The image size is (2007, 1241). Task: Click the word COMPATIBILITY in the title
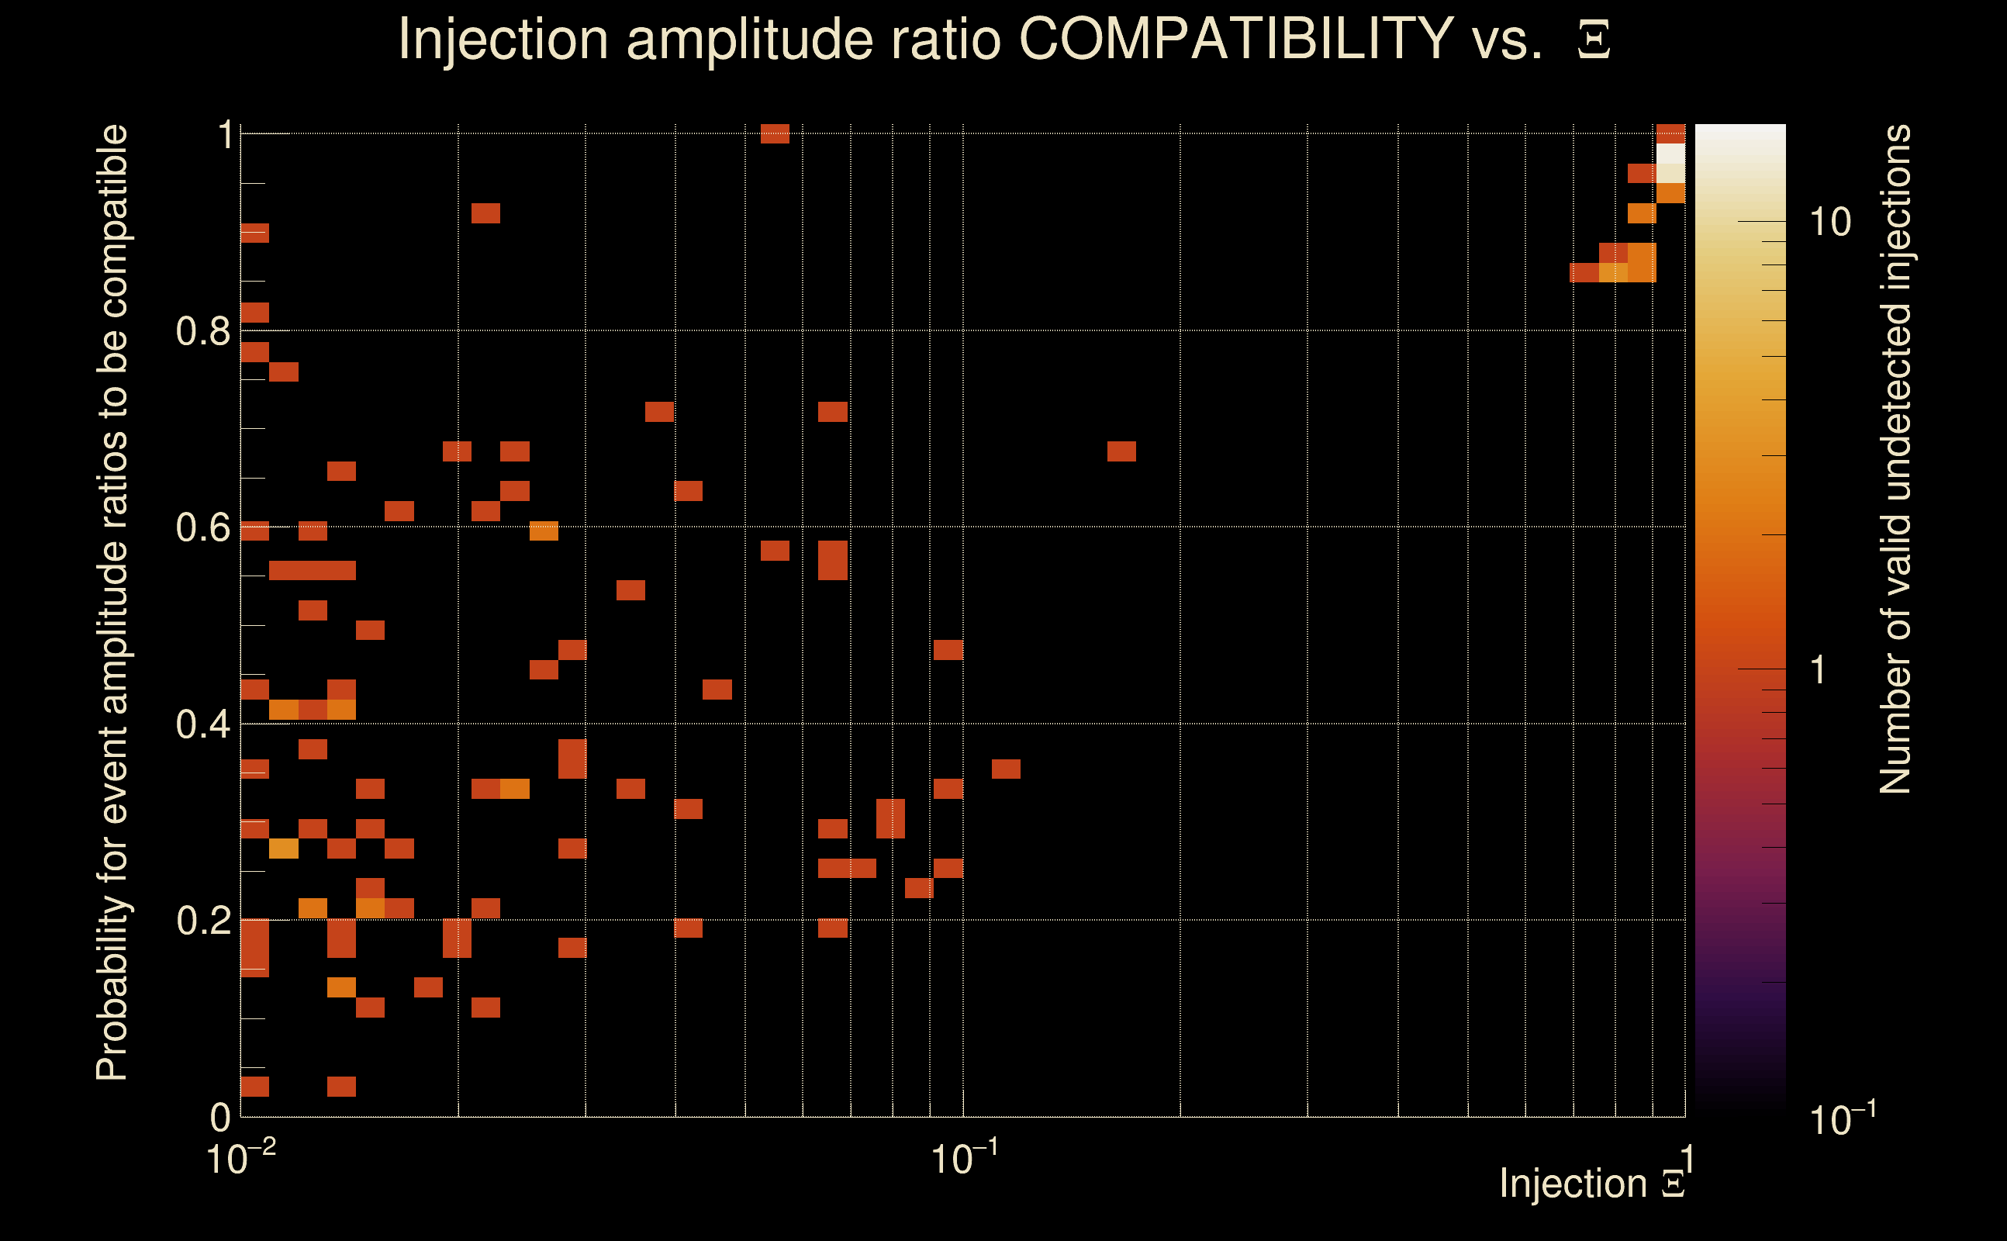(1235, 39)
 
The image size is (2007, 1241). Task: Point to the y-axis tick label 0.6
(202, 527)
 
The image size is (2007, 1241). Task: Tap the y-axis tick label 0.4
(202, 724)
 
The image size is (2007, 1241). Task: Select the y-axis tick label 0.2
(202, 921)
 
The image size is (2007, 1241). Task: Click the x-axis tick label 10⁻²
(240, 1157)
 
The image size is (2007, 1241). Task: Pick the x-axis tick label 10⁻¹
(963, 1157)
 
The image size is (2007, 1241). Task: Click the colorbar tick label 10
(1829, 222)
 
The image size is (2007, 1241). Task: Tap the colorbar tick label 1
(1819, 669)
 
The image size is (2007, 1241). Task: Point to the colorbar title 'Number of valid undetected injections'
(1895, 460)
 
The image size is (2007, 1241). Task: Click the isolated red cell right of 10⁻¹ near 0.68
(1121, 451)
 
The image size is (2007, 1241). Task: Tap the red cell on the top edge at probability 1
(775, 133)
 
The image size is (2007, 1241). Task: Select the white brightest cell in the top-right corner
(1670, 154)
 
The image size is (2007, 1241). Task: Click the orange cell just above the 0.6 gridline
(543, 531)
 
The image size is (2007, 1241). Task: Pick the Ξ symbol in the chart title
(1594, 40)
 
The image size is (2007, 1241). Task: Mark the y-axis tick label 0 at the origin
(220, 1117)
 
